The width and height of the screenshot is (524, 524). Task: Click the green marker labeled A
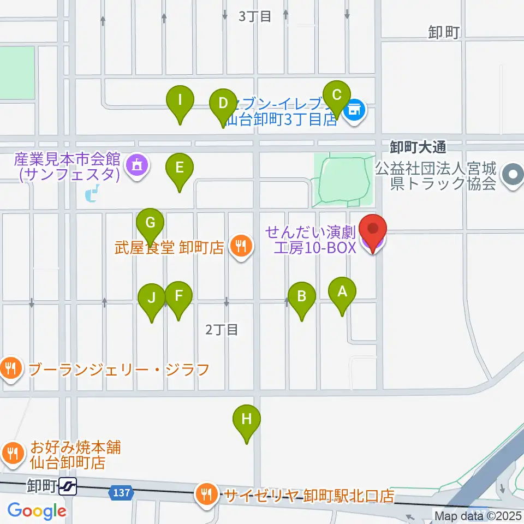click(342, 292)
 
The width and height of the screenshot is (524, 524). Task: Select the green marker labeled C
click(336, 96)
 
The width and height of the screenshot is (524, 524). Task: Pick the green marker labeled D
click(223, 103)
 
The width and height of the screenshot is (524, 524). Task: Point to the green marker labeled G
click(151, 223)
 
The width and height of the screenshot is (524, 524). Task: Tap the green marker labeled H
click(247, 420)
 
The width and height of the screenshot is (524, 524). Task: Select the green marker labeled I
click(180, 100)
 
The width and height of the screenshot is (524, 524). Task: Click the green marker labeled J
click(152, 298)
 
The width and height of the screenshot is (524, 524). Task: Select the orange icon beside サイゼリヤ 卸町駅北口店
click(206, 495)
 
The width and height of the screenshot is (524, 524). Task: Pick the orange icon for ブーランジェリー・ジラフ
click(10, 369)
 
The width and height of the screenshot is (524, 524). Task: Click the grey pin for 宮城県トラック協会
click(513, 175)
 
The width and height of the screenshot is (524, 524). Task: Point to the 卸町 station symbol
click(69, 485)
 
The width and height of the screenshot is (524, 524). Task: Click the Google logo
click(37, 511)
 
